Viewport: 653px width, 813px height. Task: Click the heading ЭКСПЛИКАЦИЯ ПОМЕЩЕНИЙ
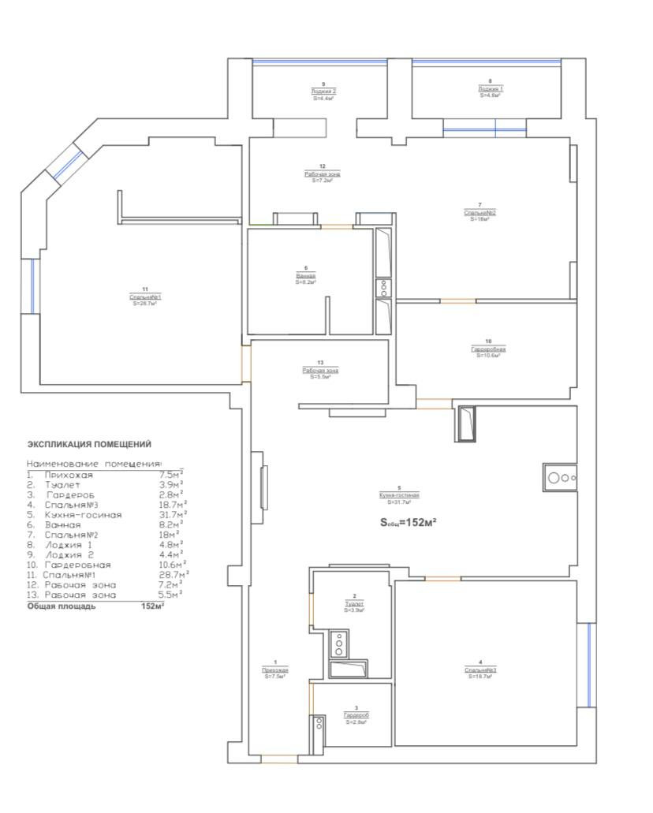[x=89, y=444]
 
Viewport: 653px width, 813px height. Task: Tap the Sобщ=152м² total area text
[x=409, y=522]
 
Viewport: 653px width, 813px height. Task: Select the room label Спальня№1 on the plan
[x=145, y=296]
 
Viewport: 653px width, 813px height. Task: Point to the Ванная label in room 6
[x=306, y=276]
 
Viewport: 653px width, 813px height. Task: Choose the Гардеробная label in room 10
[x=488, y=349]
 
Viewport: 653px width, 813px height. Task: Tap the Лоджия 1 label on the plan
[x=490, y=89]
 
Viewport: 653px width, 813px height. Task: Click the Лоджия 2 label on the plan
[x=323, y=91]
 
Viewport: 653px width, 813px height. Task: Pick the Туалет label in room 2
[x=354, y=603]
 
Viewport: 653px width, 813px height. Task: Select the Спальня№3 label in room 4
[x=479, y=670]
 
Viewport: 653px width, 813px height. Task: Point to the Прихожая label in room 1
[x=275, y=670]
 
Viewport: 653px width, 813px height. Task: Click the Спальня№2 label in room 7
[x=479, y=212]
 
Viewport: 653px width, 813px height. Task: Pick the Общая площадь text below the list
[x=62, y=606]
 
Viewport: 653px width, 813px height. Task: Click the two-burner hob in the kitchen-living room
[x=561, y=477]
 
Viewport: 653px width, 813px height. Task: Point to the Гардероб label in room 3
[x=356, y=715]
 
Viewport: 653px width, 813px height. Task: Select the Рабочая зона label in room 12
[x=323, y=173]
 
